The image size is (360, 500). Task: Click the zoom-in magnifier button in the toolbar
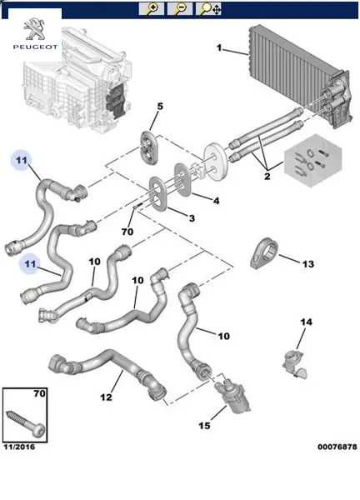pyautogui.click(x=151, y=8)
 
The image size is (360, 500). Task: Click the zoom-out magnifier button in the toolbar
pyautogui.click(x=179, y=8)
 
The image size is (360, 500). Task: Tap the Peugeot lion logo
pyautogui.click(x=35, y=29)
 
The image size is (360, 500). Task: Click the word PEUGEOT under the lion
pyautogui.click(x=35, y=47)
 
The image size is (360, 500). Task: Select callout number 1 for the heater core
pyautogui.click(x=219, y=47)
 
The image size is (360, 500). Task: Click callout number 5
pyautogui.click(x=160, y=106)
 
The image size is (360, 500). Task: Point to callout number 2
pyautogui.click(x=267, y=176)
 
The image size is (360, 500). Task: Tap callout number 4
pyautogui.click(x=216, y=201)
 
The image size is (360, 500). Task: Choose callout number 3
pyautogui.click(x=192, y=218)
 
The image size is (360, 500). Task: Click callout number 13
pyautogui.click(x=308, y=264)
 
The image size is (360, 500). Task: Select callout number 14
pyautogui.click(x=306, y=322)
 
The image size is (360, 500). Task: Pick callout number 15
pyautogui.click(x=204, y=425)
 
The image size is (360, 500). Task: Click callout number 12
pyautogui.click(x=106, y=397)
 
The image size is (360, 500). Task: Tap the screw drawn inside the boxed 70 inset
pyautogui.click(x=26, y=422)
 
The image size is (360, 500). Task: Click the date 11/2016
pyautogui.click(x=19, y=447)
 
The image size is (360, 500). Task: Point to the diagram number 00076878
pyautogui.click(x=337, y=447)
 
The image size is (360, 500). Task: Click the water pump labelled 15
pyautogui.click(x=232, y=394)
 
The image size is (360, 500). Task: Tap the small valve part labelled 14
pyautogui.click(x=295, y=364)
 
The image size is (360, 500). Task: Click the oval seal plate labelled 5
pyautogui.click(x=149, y=148)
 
